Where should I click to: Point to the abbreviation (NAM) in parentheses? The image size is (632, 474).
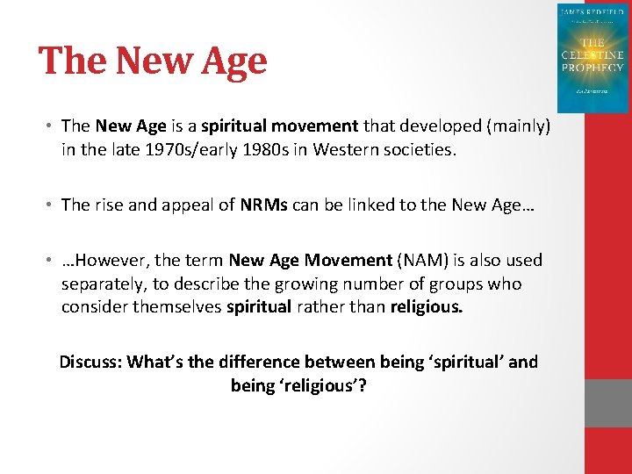[420, 260]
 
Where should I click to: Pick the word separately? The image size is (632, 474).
[104, 284]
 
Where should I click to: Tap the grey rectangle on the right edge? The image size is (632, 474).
[607, 404]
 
